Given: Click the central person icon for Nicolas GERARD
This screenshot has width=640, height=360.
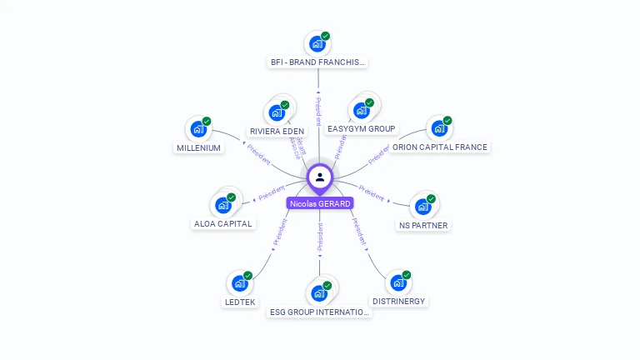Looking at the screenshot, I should point(320,177).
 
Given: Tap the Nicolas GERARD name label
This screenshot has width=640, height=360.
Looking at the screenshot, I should point(320,203).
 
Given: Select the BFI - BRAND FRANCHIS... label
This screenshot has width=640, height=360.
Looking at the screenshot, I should point(318,62).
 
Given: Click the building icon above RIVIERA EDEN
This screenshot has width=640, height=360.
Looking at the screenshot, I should point(277,112).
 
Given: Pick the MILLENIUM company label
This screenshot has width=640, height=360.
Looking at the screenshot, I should point(198,147).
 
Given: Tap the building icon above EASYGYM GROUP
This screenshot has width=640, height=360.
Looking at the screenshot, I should point(362,110).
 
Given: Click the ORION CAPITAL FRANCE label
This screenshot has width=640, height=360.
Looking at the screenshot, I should point(440,147).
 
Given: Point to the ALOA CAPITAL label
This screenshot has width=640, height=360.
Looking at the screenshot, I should point(223,223).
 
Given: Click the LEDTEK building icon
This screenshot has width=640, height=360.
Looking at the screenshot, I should point(240,283).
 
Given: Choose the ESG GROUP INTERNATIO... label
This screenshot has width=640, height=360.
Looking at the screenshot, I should point(319,312).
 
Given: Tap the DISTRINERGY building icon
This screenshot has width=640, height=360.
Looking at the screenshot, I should point(398,282).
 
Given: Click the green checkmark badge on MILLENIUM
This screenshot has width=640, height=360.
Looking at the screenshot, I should point(207,122).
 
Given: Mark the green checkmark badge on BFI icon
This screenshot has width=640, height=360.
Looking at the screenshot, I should point(326,36).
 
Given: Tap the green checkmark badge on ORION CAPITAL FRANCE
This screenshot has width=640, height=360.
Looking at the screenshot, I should point(447,121).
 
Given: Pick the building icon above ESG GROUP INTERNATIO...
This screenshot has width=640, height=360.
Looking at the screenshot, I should point(319,293).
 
